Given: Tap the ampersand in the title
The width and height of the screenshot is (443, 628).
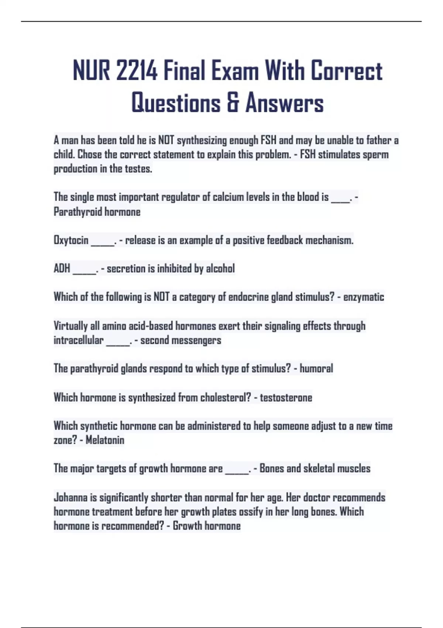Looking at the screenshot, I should point(233,103).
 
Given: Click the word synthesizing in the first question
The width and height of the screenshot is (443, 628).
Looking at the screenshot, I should point(202,140).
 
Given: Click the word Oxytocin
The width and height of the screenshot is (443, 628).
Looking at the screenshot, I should point(71,240).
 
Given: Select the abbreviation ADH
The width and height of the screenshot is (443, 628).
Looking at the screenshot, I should point(62,269).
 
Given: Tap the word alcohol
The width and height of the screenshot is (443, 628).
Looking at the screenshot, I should point(220,269).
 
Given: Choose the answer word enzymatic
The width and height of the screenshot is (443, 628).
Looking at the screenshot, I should point(364,297).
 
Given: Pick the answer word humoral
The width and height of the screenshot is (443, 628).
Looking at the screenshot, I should point(316,368).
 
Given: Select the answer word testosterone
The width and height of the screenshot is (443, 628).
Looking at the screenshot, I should point(286,397).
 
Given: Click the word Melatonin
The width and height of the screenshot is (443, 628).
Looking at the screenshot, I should point(105,440).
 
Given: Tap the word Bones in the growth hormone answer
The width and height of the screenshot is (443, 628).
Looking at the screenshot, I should point(272,468).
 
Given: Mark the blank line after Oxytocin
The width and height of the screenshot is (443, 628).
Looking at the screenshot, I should point(103,242).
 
